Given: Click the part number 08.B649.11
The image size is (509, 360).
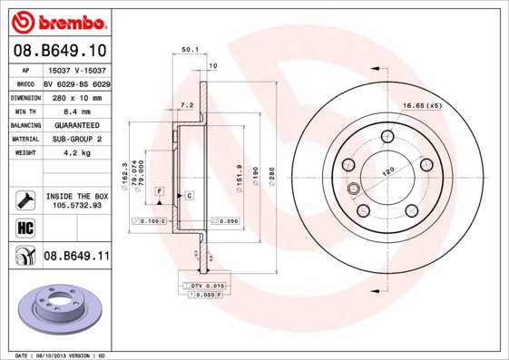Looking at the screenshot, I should click(x=76, y=257).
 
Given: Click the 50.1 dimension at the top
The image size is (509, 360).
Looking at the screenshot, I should click(x=190, y=50).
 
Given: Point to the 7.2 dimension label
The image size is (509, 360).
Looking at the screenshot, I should click(x=187, y=105).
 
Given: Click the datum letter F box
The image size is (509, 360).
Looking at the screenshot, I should click(x=159, y=191).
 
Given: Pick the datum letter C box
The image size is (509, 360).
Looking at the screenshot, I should click(x=190, y=196).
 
